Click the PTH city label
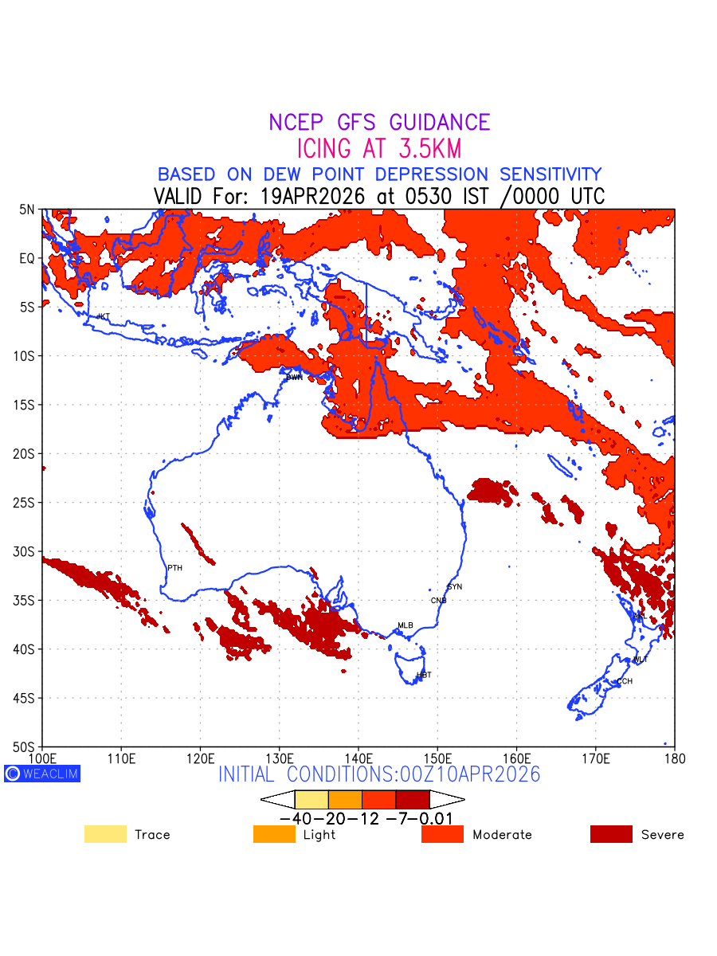[x=174, y=568]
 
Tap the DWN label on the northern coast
[x=294, y=377]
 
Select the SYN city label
[x=454, y=587]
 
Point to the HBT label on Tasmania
[x=424, y=675]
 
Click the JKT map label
[x=103, y=317]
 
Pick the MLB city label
[x=406, y=625]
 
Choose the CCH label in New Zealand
[x=625, y=681]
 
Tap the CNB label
[x=438, y=601]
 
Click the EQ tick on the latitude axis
[x=28, y=258]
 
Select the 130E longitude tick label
[x=280, y=758]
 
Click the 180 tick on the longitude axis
[x=674, y=758]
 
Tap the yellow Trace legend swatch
[x=105, y=834]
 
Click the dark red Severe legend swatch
[x=611, y=834]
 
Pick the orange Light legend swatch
[x=274, y=834]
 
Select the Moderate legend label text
[x=502, y=835]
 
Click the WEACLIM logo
[x=42, y=774]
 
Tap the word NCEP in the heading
[x=298, y=123]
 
